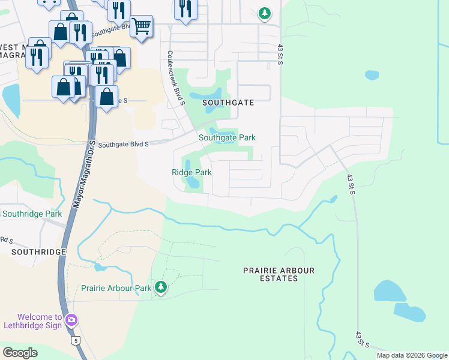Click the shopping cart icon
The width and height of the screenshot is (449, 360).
[141, 26]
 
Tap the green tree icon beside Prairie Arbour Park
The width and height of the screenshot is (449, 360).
[160, 287]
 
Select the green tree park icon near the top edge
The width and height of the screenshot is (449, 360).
[264, 13]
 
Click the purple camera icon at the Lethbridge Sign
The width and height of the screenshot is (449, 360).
[72, 320]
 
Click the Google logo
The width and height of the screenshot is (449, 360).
[20, 353]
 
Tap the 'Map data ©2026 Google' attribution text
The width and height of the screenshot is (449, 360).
[411, 355]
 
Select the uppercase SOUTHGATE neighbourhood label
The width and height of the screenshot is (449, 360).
[228, 103]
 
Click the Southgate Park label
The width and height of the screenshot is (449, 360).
[227, 137]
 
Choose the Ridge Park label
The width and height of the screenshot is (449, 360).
[191, 172]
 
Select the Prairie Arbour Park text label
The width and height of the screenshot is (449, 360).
[116, 288]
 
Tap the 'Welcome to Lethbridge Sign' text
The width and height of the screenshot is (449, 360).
[40, 322]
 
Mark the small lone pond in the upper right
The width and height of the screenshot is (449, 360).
[372, 76]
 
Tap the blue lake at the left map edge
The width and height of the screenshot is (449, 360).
[10, 99]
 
